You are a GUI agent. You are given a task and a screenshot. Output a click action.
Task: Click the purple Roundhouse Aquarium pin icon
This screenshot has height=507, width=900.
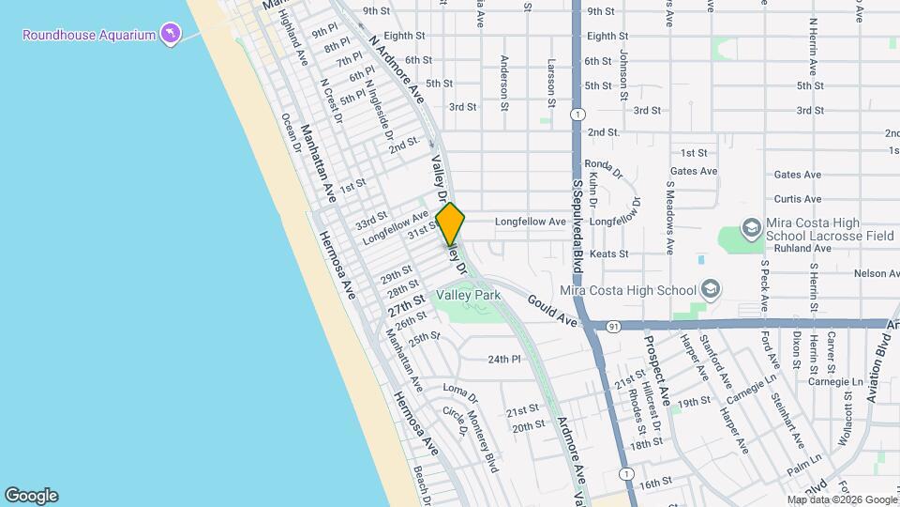[x=170, y=35]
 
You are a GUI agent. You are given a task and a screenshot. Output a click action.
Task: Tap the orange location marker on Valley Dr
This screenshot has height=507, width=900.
[x=450, y=223]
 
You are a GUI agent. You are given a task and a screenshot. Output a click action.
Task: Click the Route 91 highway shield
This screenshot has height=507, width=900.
[x=612, y=327]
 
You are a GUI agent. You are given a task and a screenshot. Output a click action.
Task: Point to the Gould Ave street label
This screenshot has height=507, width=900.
[x=551, y=308]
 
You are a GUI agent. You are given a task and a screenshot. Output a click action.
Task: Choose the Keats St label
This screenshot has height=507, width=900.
[x=608, y=253]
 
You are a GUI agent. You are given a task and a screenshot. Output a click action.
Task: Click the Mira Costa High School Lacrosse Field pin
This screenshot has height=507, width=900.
[x=751, y=228]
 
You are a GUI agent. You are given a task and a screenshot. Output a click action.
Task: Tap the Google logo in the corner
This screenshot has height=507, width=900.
[x=31, y=496]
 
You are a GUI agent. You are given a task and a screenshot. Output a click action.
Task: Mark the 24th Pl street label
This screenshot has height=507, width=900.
[x=503, y=359]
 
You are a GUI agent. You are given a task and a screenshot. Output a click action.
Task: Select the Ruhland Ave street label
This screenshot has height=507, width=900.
[x=803, y=249]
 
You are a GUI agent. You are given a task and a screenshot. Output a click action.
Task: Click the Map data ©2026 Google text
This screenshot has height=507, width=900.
[x=841, y=499]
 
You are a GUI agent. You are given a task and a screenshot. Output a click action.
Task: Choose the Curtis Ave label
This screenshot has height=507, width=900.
[x=798, y=199]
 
